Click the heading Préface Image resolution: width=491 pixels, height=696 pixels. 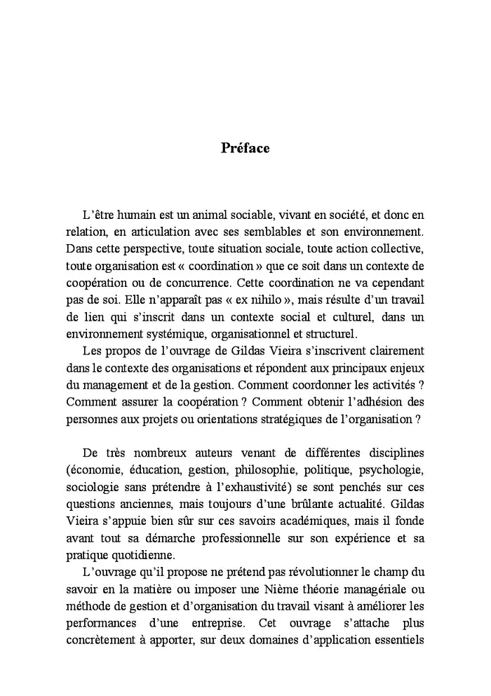[x=245, y=148]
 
